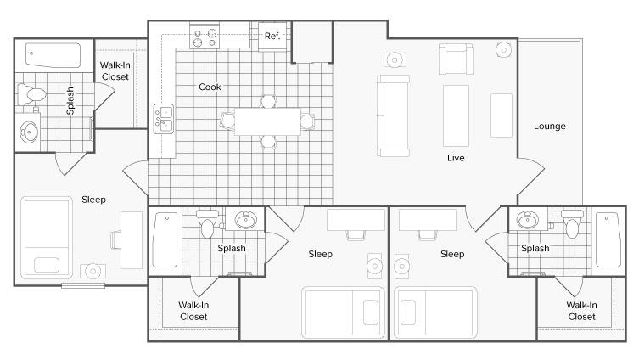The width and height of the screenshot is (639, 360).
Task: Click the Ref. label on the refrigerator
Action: pos(272,36)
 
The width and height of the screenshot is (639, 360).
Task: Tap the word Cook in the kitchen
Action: pos(210,87)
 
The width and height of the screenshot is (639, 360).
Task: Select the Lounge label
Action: pos(549,126)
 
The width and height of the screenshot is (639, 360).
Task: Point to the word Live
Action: pos(456,158)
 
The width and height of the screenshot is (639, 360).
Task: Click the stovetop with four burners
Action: pos(205,37)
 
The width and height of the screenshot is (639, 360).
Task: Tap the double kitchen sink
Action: pos(164,119)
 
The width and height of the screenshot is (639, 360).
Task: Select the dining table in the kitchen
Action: pos(268,121)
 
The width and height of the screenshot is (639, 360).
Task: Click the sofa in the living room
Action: pos(393,115)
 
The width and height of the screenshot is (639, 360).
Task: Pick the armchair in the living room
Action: pos(456,59)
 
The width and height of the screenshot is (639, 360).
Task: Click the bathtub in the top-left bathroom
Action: pos(53,55)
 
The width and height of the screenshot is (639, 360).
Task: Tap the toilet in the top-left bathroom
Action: pos(31,94)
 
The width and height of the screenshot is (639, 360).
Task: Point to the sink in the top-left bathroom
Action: pos(29,132)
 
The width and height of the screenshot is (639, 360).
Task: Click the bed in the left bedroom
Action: pos(47,238)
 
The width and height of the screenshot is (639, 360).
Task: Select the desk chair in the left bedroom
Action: pos(115,239)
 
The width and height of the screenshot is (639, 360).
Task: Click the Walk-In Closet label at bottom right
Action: pos(581,311)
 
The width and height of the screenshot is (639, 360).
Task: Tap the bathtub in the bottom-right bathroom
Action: pos(608,239)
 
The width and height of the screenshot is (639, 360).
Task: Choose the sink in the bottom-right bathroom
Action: pos(528,220)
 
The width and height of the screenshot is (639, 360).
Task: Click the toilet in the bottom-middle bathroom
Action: pos(207,224)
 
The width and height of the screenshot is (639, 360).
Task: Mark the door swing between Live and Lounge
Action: pos(531,177)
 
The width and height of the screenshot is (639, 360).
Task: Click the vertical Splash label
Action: pos(70,100)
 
